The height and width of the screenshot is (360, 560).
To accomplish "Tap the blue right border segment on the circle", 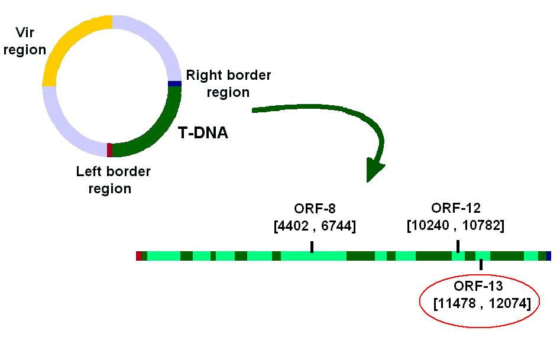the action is (174, 84).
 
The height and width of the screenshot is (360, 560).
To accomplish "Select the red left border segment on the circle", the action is (109, 150).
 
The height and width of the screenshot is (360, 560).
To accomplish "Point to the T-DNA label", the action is (203, 133).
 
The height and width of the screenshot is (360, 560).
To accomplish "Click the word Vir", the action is (25, 33).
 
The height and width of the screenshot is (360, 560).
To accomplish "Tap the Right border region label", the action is (229, 83).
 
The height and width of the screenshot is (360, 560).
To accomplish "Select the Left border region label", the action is (113, 180).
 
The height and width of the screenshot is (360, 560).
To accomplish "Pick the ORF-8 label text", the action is (315, 209).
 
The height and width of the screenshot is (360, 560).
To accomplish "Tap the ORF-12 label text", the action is (456, 208).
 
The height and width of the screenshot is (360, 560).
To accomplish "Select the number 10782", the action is (481, 225).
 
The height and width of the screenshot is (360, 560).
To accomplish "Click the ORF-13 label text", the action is (478, 286).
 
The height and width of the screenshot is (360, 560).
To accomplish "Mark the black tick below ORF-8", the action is (312, 247).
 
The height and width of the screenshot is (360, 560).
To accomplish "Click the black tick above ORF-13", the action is (481, 264).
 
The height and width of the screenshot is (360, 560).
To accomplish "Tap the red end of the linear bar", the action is (139, 256).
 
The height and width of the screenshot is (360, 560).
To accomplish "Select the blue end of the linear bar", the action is (549, 256).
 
